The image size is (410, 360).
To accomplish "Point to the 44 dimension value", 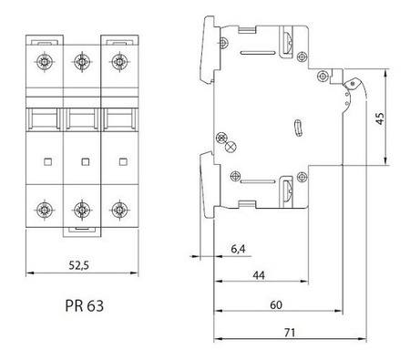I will (260, 274).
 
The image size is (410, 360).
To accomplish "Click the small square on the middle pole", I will (83, 162).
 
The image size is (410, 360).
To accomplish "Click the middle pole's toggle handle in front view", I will (82, 118).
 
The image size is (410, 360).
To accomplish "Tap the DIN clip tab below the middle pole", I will (82, 231).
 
